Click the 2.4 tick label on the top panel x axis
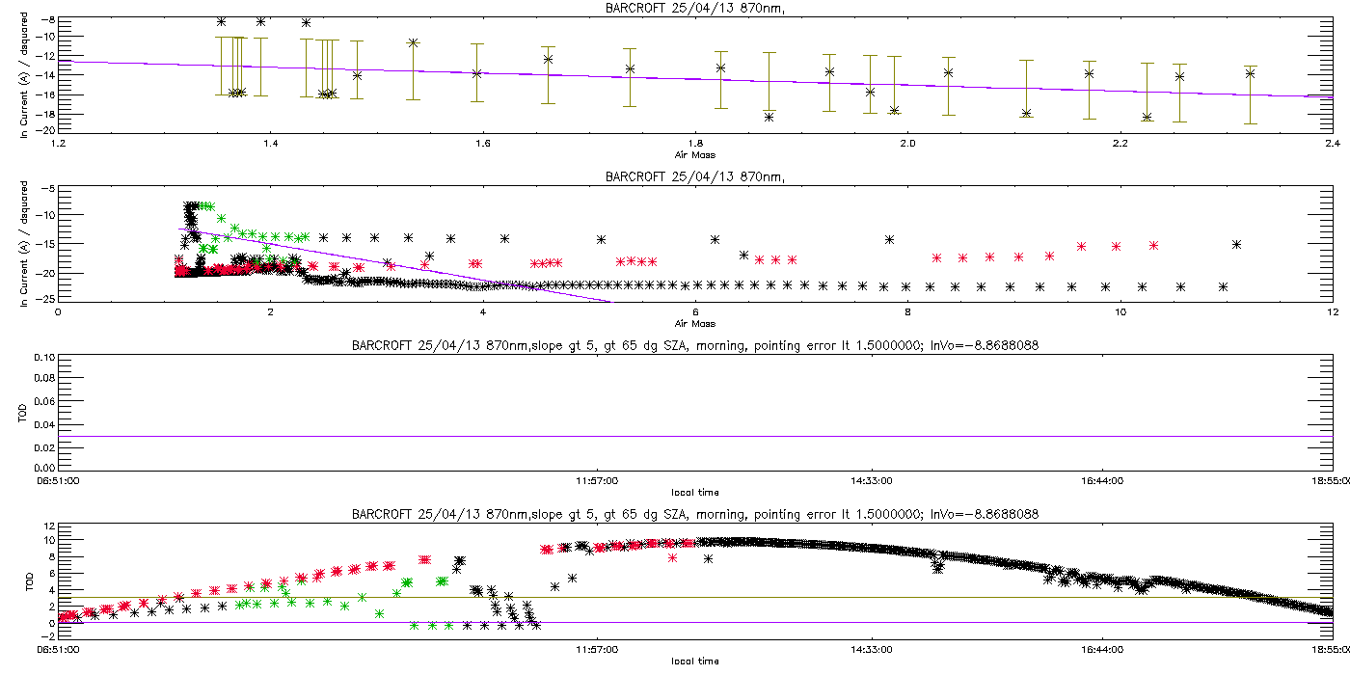pos(1332,145)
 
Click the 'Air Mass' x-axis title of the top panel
pos(694,154)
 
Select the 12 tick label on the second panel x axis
pos(1332,312)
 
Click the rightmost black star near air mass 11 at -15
pos(1236,244)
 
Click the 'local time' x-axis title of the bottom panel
pos(694,661)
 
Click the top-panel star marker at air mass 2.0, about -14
pos(948,72)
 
